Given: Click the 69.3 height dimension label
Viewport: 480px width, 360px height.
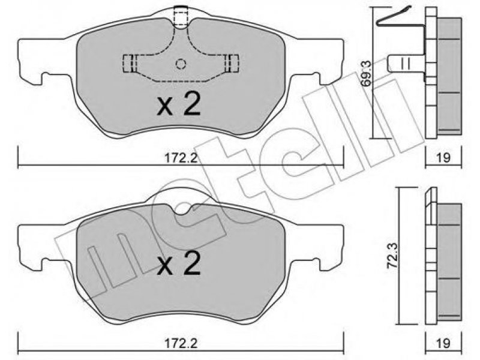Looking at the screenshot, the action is point(367,73).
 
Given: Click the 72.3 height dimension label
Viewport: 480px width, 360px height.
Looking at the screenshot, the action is point(392,256).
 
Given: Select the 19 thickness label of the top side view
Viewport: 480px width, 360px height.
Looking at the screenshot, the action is point(443,158).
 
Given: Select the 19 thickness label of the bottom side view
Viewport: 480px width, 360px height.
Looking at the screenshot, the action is point(443,343).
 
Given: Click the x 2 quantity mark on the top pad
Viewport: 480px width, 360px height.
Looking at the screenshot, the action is point(179,104).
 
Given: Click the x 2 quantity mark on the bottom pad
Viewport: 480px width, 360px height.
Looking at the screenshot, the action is point(179,263).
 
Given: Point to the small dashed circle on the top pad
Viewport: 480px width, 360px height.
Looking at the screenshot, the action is point(181,64).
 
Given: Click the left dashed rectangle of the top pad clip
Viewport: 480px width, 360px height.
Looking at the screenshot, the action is point(130,64).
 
